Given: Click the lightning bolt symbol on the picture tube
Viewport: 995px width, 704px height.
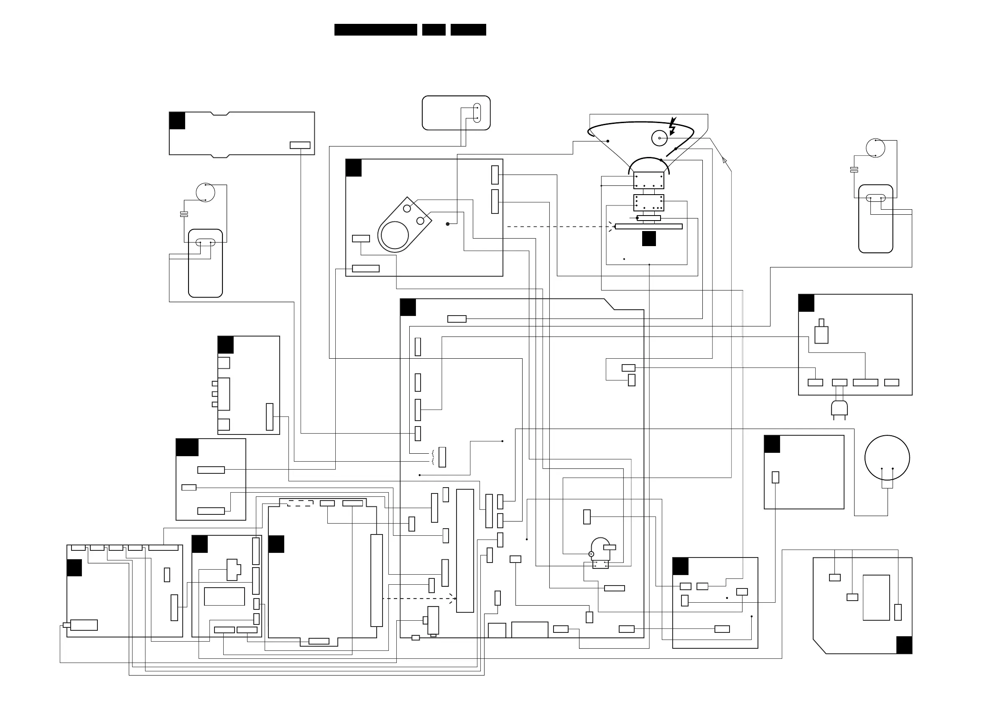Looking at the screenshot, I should click(672, 126).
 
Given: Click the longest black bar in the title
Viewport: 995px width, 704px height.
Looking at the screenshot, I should click(375, 29).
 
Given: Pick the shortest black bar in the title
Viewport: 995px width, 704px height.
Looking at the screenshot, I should click(434, 29).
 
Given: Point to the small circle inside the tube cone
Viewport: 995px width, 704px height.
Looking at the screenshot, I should click(659, 139).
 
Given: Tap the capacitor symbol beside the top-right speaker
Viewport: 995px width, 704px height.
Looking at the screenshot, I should click(854, 170).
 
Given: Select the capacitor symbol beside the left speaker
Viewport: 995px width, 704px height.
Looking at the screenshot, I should click(184, 214).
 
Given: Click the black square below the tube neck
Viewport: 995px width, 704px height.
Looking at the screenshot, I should click(649, 239).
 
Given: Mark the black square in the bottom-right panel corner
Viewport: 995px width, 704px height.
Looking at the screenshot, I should click(904, 645).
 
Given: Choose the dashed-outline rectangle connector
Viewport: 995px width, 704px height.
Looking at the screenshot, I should click(300, 503).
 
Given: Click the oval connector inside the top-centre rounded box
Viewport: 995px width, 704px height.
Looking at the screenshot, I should click(477, 113).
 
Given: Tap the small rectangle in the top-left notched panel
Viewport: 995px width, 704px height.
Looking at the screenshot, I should click(300, 145).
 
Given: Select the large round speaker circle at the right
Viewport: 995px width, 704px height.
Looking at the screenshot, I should click(887, 457).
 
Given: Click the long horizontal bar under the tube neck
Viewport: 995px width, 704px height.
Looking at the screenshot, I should click(649, 226).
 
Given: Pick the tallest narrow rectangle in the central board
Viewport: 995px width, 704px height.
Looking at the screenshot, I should click(465, 550).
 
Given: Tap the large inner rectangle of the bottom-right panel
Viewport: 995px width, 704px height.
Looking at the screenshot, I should click(876, 597).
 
